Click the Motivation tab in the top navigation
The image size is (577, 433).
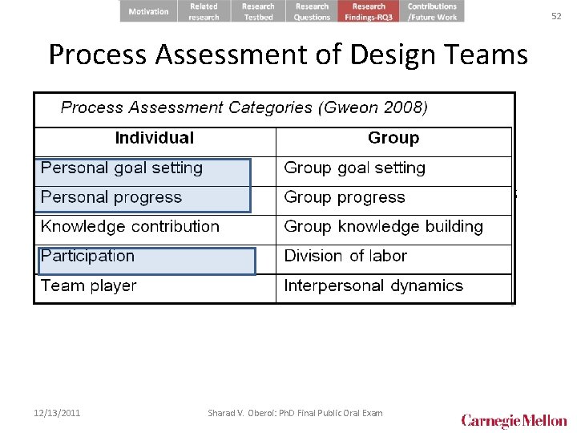149,11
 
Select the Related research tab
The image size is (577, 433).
204,11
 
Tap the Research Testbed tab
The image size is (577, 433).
258,11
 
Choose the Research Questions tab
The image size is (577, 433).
312,11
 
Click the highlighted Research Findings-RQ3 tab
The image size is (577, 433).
369,11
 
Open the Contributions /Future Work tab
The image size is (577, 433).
432,11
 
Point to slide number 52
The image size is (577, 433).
556,15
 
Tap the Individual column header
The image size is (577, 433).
155,138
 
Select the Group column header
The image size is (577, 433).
393,138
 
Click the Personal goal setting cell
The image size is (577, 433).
122,168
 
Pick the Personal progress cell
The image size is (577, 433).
111,197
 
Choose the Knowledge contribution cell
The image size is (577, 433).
130,227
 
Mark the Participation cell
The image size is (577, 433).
88,257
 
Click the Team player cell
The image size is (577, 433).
89,286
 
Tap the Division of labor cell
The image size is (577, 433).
345,257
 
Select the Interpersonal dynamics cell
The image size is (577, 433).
373,286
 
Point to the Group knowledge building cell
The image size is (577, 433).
383,227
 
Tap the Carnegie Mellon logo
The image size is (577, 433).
514,420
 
